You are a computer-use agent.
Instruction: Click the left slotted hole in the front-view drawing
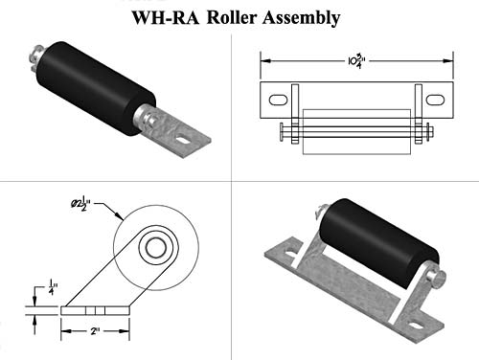coord(276,100)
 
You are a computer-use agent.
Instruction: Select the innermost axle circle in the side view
coord(154,249)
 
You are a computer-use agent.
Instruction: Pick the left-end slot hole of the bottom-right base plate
coord(281,253)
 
